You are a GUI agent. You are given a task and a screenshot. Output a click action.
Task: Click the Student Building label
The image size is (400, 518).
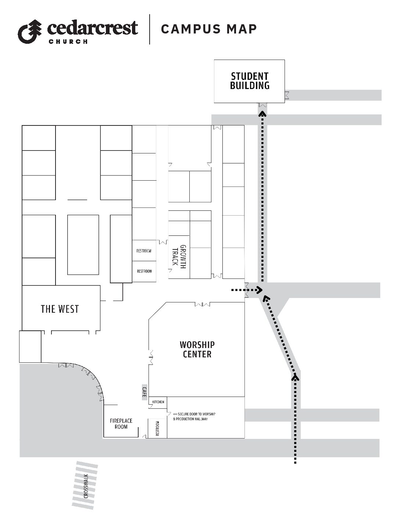coord(250,81)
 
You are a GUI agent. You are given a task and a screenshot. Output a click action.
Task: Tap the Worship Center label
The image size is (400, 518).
coord(197,350)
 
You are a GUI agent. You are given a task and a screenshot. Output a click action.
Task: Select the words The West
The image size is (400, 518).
coord(60,309)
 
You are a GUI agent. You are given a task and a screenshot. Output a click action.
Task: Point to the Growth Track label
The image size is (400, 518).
coord(179,257)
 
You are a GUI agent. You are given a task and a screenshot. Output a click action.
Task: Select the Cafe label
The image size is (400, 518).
coord(144,392)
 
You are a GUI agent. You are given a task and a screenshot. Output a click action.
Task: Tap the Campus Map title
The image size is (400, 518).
coord(209,29)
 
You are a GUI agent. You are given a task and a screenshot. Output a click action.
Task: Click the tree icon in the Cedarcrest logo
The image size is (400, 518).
coord(30,32)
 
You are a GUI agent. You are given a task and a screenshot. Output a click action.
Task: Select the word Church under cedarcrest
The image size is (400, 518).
coord(68,42)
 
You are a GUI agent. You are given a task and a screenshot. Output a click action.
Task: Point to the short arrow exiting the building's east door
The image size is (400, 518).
coord(247,290)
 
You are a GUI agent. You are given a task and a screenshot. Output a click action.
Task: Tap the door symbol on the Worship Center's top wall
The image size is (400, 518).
coord(202,304)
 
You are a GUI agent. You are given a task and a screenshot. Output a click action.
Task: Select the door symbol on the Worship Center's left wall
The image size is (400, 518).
coord(151,358)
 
